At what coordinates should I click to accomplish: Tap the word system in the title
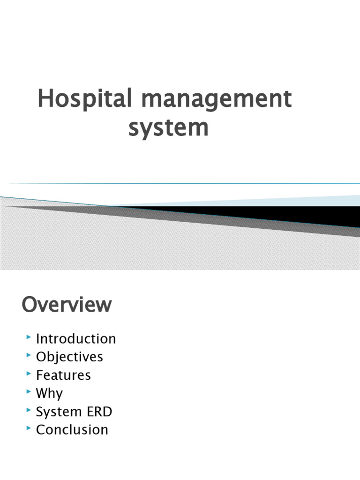click(x=168, y=127)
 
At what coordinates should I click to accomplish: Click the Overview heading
click(x=67, y=305)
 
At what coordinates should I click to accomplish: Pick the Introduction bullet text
click(x=76, y=338)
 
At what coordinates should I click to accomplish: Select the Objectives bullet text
click(x=69, y=357)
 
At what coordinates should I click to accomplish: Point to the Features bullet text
click(x=63, y=375)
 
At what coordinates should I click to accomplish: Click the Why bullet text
click(x=49, y=393)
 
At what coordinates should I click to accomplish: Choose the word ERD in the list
click(x=100, y=412)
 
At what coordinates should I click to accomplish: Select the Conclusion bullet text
click(x=72, y=429)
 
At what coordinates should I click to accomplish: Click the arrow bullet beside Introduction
click(x=29, y=337)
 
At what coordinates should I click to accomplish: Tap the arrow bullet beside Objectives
click(x=29, y=356)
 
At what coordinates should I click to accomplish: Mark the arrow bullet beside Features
click(x=29, y=374)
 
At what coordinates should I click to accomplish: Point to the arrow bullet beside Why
click(x=29, y=392)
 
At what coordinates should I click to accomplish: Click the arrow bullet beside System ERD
click(x=29, y=410)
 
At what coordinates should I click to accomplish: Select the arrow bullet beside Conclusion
click(x=29, y=428)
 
